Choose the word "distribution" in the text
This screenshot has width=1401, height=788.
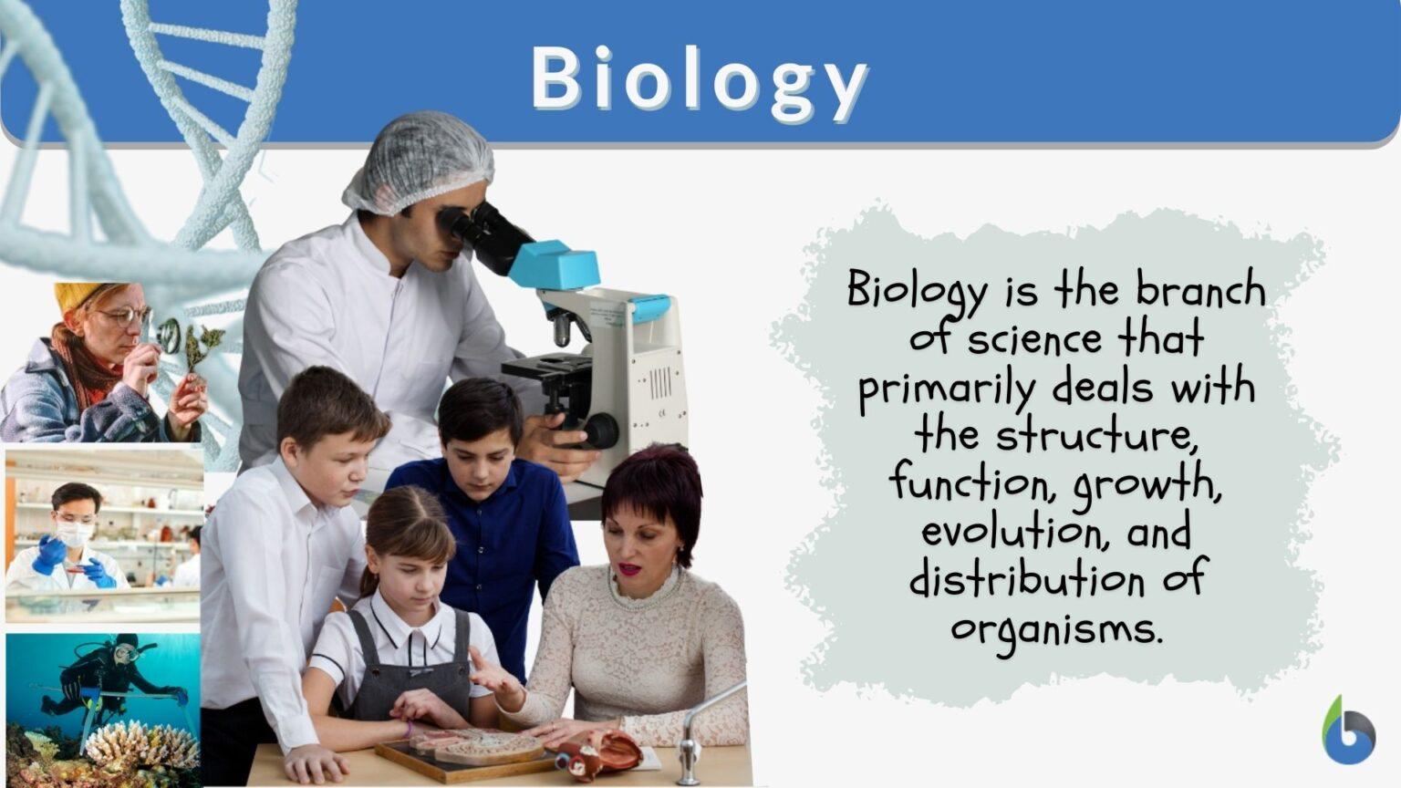tap(1027, 580)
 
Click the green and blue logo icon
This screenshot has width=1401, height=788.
tap(1348, 731)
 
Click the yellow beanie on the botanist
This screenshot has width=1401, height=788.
tap(77, 294)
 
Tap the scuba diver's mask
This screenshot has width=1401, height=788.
tap(127, 653)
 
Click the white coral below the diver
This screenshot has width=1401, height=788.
tap(141, 743)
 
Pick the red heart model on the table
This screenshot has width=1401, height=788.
tap(601, 753)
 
